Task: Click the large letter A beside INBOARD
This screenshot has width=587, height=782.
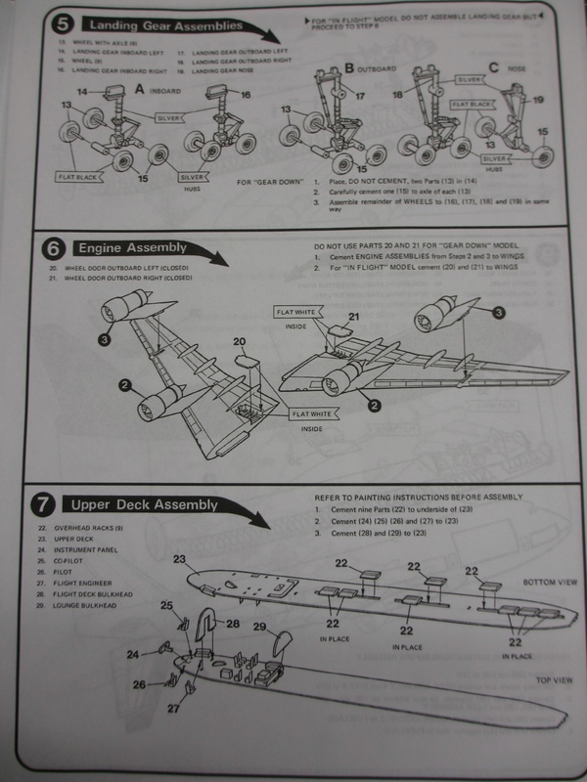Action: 142,85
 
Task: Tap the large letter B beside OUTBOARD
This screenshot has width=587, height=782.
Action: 349,68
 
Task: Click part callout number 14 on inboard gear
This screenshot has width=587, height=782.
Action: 83,92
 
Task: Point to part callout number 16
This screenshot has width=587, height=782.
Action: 246,95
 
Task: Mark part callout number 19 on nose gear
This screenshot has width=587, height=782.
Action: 538,100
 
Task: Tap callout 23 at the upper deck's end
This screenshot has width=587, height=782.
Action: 179,559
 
